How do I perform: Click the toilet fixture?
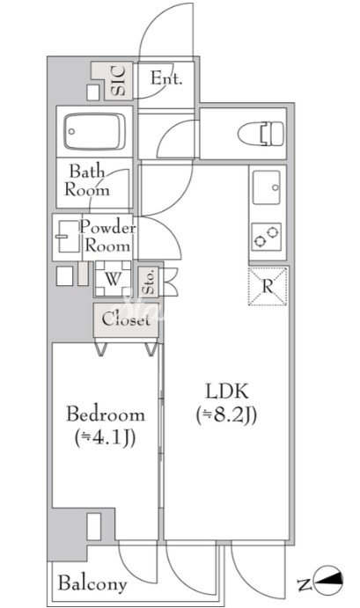tap(261, 134)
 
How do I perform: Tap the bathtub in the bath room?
tap(95, 131)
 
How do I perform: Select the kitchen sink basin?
tap(267, 187)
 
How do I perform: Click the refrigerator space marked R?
tap(268, 286)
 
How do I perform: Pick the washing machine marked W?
tap(113, 279)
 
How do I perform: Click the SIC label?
tap(118, 81)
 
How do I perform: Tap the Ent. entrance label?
tap(166, 78)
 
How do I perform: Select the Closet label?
tap(126, 319)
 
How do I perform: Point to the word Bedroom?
tap(106, 414)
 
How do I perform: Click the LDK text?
tap(227, 392)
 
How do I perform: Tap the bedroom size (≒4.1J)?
tap(105, 438)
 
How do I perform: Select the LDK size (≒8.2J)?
tap(226, 415)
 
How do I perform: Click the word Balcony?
tap(92, 583)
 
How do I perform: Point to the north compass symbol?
tap(328, 580)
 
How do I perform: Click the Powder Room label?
tap(107, 237)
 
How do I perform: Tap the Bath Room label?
tap(87, 180)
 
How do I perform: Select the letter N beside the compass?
tap(305, 584)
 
